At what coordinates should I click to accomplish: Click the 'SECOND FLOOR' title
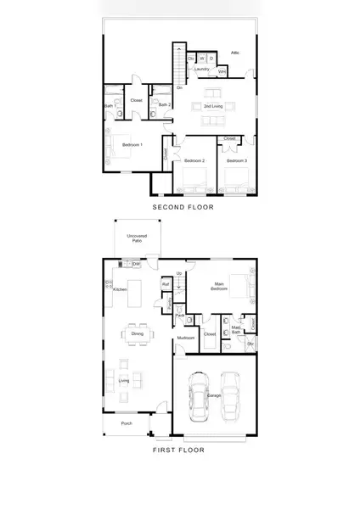click(x=182, y=207)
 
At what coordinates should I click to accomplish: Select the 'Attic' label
click(x=234, y=53)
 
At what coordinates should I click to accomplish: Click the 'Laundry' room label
click(x=201, y=69)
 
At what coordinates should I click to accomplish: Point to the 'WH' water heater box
click(x=222, y=71)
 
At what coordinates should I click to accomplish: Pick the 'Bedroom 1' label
click(x=132, y=145)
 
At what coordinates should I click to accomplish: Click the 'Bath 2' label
click(x=164, y=104)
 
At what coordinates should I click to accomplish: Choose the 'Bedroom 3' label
click(x=236, y=159)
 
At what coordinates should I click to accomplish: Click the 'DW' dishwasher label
click(x=136, y=264)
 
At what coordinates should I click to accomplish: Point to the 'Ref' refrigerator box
click(x=166, y=284)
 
